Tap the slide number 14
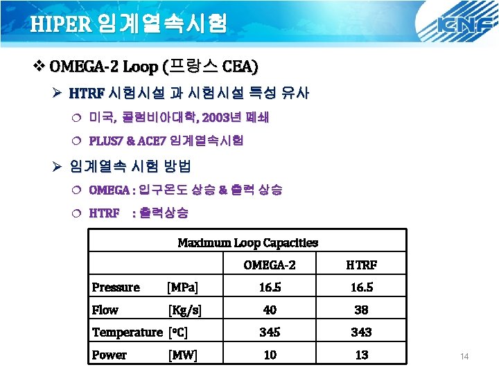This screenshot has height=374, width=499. click(464, 356)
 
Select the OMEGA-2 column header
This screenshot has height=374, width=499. click(270, 265)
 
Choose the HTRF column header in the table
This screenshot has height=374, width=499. click(361, 265)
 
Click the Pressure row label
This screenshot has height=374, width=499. click(116, 287)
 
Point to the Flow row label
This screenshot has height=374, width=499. click(105, 310)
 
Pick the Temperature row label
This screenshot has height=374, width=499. click(127, 332)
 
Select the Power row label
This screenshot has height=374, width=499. click(110, 355)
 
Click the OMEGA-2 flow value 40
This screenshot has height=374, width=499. click(270, 310)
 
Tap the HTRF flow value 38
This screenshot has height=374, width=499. click(361, 310)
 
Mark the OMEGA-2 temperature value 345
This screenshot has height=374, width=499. click(270, 332)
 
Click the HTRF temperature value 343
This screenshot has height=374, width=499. click(361, 332)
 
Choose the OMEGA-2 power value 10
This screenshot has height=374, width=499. click(270, 355)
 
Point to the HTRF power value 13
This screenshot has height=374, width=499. click(361, 355)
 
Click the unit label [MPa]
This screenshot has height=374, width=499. click(184, 287)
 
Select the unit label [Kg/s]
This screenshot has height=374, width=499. click(185, 310)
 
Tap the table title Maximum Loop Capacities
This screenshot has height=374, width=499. click(248, 242)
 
